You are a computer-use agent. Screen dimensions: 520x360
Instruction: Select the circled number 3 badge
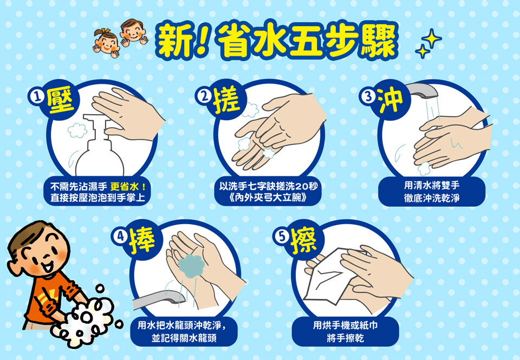coord(367,97)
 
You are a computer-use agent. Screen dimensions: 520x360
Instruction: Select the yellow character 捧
coord(142,239)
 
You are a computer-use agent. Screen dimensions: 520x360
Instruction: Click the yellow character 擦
coord(304,239)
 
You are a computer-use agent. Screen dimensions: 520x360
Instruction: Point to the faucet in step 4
coord(156,298)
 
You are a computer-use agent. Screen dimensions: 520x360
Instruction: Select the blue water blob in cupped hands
coord(191,266)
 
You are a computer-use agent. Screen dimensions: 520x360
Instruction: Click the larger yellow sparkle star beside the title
coord(432,38)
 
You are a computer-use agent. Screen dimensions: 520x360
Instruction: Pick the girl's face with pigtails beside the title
coord(107,43)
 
